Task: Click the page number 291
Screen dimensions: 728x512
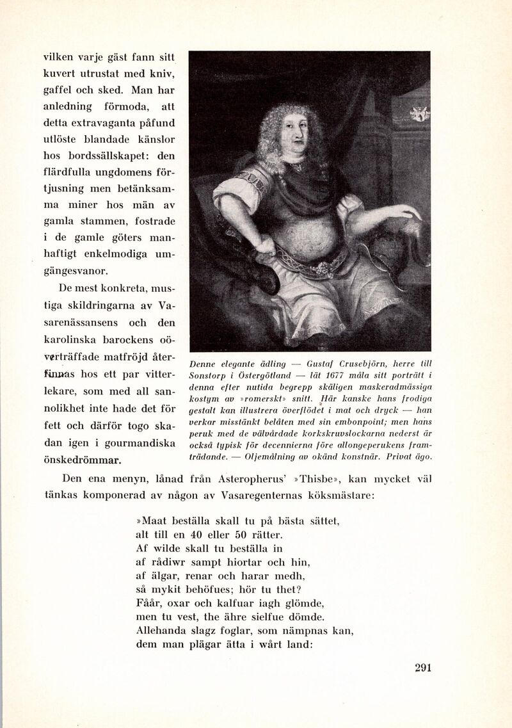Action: coord(423,668)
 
